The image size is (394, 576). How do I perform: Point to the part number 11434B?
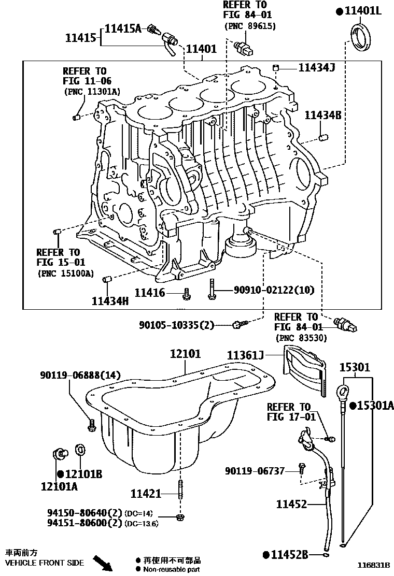point(322,115)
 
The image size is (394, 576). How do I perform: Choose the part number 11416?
point(150,293)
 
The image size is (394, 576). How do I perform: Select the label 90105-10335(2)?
point(176,325)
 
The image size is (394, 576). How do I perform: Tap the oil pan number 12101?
point(186,354)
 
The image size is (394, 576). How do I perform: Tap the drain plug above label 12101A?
point(60,454)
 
